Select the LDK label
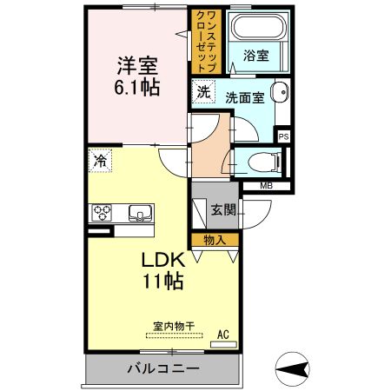(162, 260)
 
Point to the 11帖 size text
(162, 282)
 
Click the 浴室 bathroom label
(255, 55)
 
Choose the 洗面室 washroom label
(246, 97)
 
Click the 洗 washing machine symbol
(203, 92)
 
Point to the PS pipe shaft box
(282, 136)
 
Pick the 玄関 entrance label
(223, 209)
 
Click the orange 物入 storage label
(215, 240)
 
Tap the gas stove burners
(103, 214)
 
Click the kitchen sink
(139, 214)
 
